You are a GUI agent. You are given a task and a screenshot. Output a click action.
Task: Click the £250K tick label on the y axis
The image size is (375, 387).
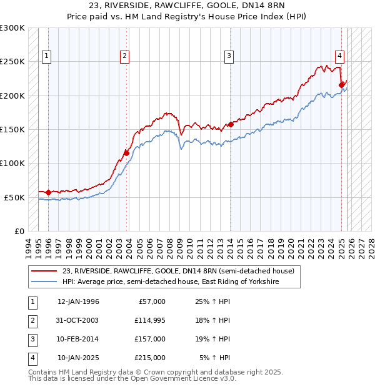click(x=12, y=62)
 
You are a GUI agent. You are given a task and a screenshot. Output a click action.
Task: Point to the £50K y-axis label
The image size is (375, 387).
click(x=14, y=197)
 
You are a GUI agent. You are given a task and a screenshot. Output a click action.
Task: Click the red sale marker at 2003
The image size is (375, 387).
click(x=126, y=152)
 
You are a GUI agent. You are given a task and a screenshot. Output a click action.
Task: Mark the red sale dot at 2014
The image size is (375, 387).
click(x=231, y=124)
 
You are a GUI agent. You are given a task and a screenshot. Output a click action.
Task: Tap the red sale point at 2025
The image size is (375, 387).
click(x=341, y=85)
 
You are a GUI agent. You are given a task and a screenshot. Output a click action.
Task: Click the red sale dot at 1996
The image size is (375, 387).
click(x=48, y=192)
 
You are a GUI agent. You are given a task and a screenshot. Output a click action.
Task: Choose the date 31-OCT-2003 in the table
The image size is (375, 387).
click(x=78, y=320)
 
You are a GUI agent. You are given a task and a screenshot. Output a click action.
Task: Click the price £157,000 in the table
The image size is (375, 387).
click(x=149, y=339)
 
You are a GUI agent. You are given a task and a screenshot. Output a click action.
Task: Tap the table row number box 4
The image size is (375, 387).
click(x=31, y=358)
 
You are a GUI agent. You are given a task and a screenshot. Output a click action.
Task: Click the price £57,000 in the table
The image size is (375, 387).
click(x=152, y=301)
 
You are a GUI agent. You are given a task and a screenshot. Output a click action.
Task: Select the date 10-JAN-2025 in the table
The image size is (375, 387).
click(x=78, y=358)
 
